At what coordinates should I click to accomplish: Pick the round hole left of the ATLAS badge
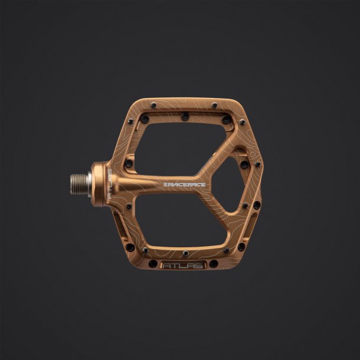pyautogui.click(x=153, y=263)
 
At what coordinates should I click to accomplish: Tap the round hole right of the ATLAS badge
pyautogui.click(x=214, y=263)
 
